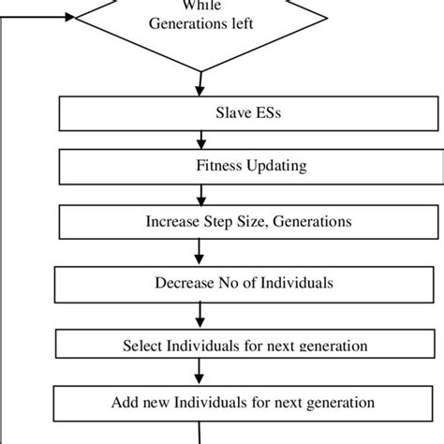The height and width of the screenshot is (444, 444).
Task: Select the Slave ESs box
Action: [x=201, y=114]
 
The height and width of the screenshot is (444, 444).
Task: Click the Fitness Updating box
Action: [x=201, y=169]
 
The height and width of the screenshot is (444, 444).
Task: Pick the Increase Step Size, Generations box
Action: [x=201, y=223]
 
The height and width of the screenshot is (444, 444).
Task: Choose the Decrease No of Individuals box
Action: [x=201, y=282]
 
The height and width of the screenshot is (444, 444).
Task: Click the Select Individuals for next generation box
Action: [x=201, y=344]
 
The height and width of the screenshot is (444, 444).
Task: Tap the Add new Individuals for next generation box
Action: [x=201, y=402]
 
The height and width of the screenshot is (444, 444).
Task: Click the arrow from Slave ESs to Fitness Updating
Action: [x=200, y=141]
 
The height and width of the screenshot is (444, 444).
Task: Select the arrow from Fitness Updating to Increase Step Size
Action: [x=200, y=195]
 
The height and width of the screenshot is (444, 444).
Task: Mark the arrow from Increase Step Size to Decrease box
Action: [x=200, y=251]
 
